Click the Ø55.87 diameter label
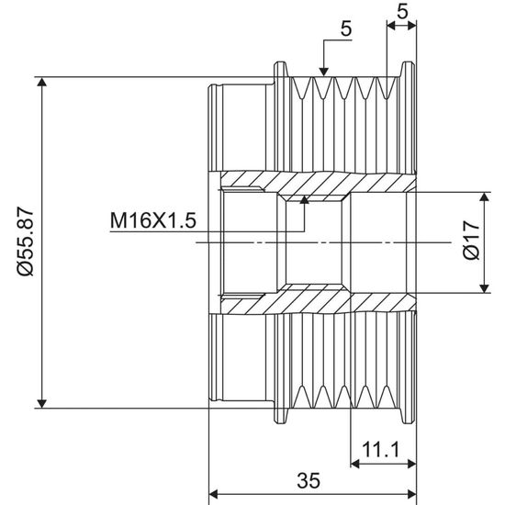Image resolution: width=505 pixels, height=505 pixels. tap(26, 241)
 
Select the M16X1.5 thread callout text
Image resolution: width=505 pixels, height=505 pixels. tap(153, 220)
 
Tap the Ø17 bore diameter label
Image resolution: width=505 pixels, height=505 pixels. tap(471, 240)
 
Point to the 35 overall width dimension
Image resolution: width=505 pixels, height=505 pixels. tap(309, 480)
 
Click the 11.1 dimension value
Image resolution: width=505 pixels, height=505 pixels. tap(381, 449)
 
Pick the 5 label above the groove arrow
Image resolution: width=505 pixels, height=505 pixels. tap(346, 29)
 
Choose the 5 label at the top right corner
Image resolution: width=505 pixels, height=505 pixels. tap(402, 12)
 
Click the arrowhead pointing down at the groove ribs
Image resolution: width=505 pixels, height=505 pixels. tap(324, 73)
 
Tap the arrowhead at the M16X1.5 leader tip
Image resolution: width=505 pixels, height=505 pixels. tap(304, 199)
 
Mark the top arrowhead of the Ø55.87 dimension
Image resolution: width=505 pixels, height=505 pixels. tap(41, 82)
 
